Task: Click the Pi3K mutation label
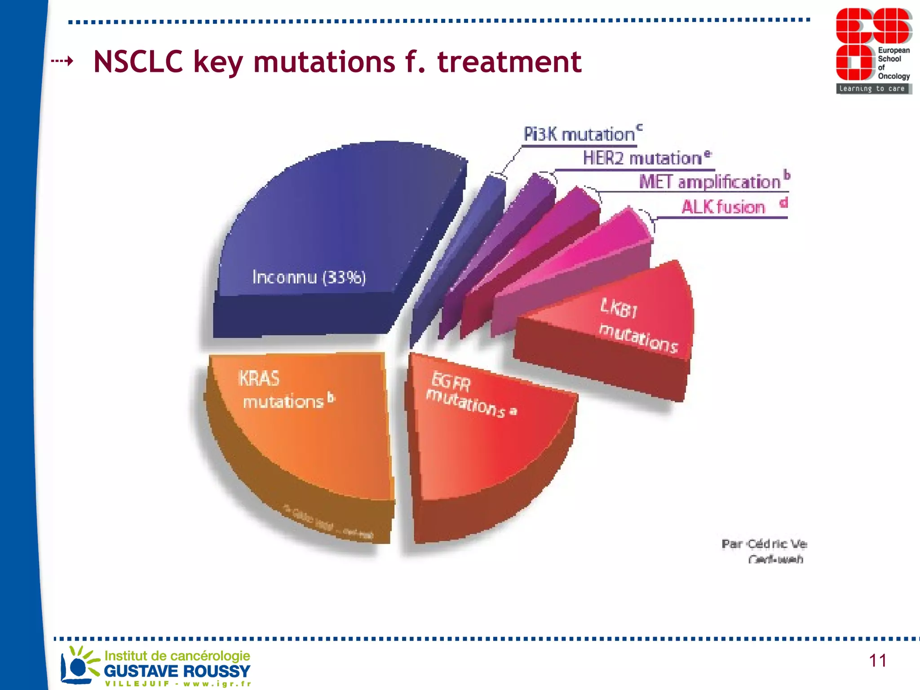point(579,134)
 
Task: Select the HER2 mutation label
point(642,158)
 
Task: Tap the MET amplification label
point(710,182)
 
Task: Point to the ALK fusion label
point(723,207)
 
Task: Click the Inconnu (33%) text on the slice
point(309,277)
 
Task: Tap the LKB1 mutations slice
point(638,326)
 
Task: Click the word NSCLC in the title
point(138,62)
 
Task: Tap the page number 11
point(877,660)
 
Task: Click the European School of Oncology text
point(893,63)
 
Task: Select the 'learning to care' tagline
point(872,88)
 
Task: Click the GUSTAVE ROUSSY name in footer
point(177,671)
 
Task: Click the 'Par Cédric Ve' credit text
point(764,544)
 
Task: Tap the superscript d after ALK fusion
point(783,203)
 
